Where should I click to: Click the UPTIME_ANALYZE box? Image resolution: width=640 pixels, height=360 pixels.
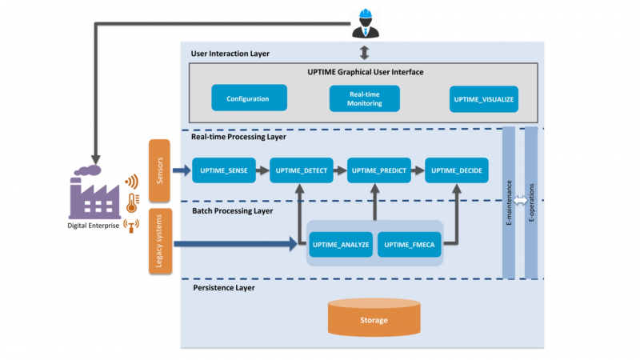pos(341,244)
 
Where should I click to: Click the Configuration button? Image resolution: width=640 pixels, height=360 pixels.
pos(247,98)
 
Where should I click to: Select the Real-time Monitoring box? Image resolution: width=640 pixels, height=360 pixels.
pos(364,98)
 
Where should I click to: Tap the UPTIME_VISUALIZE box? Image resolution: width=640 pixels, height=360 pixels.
pos(484,98)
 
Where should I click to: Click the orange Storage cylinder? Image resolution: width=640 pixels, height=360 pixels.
pos(374,318)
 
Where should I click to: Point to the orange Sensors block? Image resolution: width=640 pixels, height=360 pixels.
pos(158,170)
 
